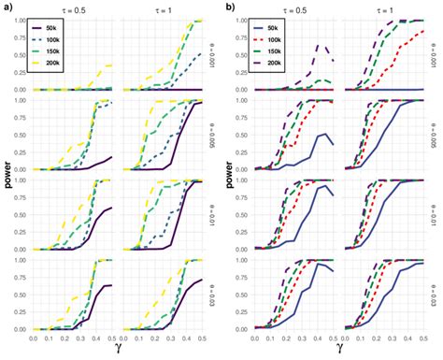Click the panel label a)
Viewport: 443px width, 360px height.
[7, 7]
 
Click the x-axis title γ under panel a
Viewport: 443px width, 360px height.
[118, 352]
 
